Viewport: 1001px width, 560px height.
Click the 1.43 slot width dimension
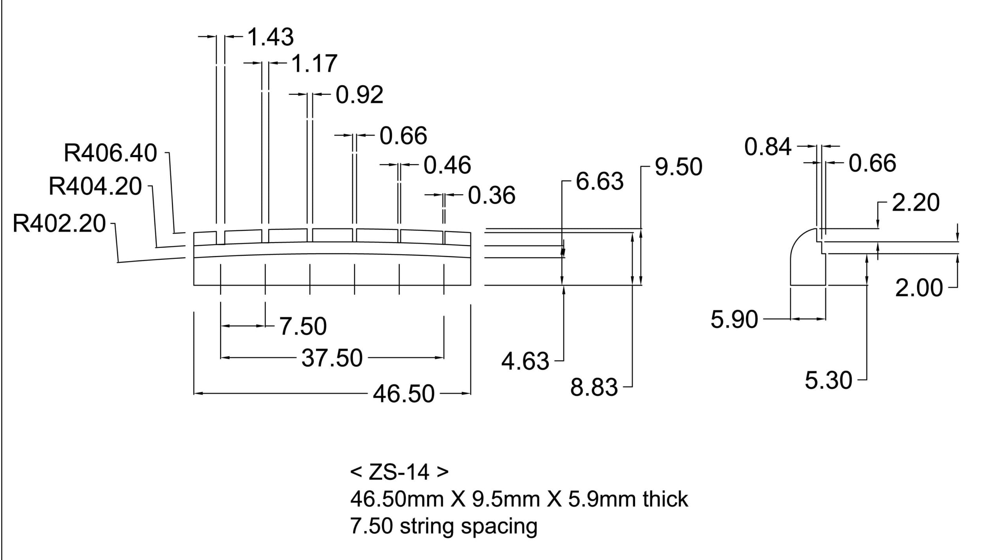pos(271,38)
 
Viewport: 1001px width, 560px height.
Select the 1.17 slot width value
pos(314,64)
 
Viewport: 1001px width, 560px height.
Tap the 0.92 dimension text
pos(359,95)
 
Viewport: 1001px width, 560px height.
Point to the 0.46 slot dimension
pos(447,165)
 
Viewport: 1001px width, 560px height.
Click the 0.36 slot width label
pos(492,196)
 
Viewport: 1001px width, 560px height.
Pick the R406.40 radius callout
pos(110,153)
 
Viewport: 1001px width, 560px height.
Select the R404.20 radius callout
pos(95,186)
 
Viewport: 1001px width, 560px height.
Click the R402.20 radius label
pos(59,224)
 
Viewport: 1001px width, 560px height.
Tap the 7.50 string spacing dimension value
pos(303,327)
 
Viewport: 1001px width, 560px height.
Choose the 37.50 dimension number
pos(332,358)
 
